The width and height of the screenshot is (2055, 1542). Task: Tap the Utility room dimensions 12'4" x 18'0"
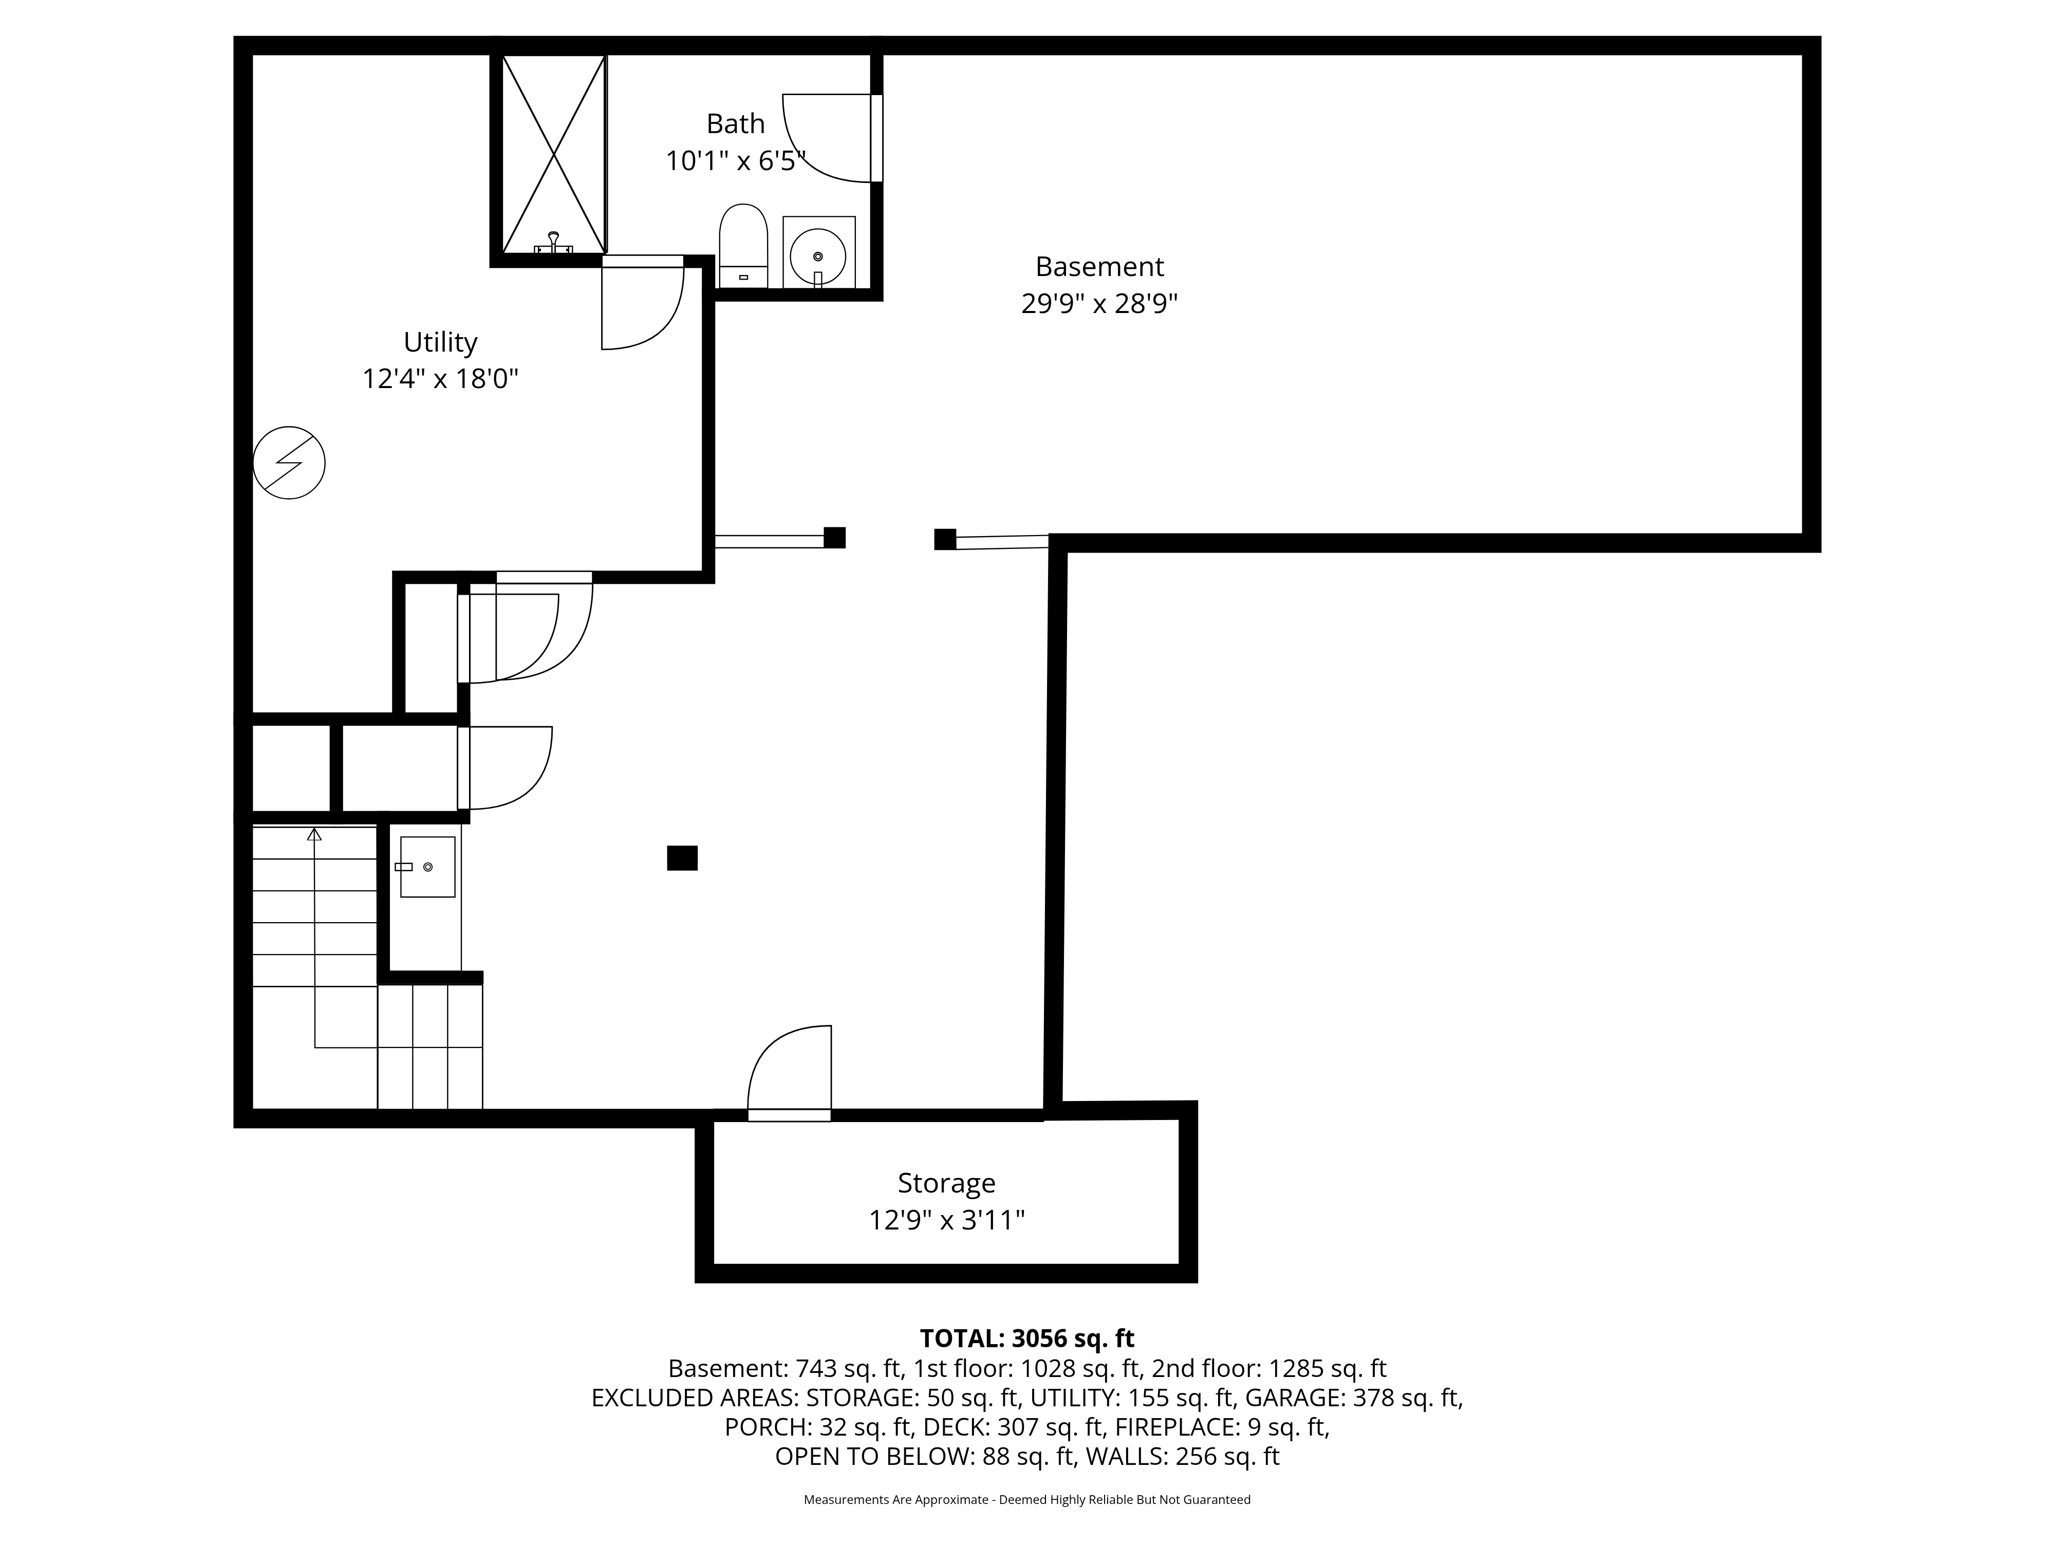[440, 379]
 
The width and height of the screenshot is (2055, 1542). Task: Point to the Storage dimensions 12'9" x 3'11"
[947, 1220]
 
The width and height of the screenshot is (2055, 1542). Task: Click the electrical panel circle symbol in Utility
[289, 463]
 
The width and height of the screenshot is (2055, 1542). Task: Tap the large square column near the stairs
[682, 858]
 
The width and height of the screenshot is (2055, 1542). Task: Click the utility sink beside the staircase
[427, 866]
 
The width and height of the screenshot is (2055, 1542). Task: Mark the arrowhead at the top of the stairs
[314, 834]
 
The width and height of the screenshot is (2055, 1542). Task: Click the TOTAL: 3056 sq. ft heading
[1026, 1338]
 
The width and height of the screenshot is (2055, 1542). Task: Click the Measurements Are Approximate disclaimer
[1026, 1499]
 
